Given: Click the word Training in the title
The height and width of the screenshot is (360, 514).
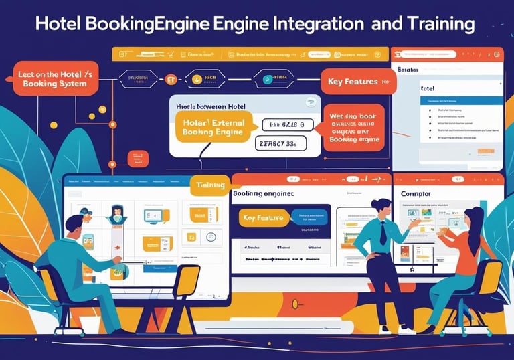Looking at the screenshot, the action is pyautogui.click(x=436, y=25).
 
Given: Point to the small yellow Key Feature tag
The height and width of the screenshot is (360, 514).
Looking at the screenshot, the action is pyautogui.click(x=263, y=218).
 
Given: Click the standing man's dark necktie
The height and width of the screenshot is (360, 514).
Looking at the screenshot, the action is pyautogui.click(x=382, y=232).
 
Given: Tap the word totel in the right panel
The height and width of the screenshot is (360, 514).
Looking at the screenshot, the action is pyautogui.click(x=428, y=88).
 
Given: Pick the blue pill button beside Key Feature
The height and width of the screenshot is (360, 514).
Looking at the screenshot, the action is pyautogui.click(x=309, y=217).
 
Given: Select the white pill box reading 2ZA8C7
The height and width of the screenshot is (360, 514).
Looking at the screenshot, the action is pyautogui.click(x=280, y=143).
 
